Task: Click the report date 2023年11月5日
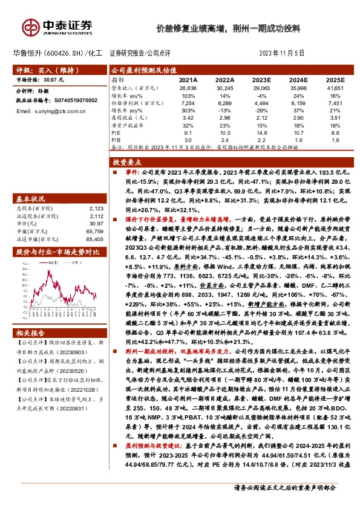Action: [x=283, y=54]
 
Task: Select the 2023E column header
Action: [x=261, y=80]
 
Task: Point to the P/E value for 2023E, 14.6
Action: [x=261, y=132]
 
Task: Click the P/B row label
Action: [x=117, y=140]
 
